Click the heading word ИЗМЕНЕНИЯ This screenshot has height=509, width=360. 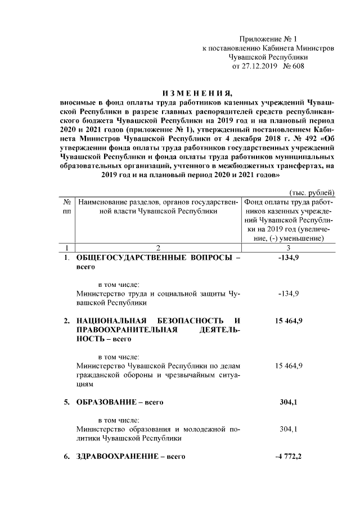pos(197,93)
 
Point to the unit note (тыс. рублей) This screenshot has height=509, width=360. pos(312,192)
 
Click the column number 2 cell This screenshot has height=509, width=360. pos(158,247)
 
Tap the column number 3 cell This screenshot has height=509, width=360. pos(289,247)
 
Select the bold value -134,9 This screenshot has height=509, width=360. pos(289,258)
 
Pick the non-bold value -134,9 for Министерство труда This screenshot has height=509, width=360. pos(289,294)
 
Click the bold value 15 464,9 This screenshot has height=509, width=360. pos(289,321)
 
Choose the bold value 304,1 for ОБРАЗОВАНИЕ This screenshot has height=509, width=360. pos(289,402)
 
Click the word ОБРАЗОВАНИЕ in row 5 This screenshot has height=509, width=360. pos(105,402)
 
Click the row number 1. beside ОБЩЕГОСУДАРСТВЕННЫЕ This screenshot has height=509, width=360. pos(66,258)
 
